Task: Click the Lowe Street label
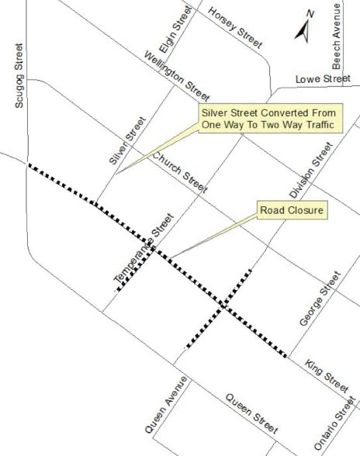[x=323, y=79]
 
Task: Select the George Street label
[x=320, y=299]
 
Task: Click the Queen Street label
[x=251, y=413]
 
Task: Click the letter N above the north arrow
[x=310, y=13]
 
